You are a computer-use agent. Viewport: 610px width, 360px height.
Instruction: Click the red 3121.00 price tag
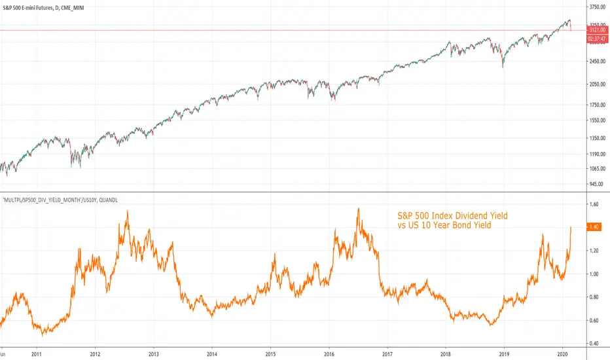coord(597,30)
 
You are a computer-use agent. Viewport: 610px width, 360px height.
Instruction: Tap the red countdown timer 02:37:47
coord(597,39)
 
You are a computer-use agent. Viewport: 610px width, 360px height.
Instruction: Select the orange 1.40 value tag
coord(594,227)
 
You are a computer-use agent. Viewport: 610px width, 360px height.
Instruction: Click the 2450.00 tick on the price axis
coord(598,62)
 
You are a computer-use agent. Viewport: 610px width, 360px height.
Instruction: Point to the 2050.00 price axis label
coord(598,84)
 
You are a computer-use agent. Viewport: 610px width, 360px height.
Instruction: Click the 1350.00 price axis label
coord(598,138)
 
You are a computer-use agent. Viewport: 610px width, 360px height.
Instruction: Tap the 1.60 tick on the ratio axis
coord(594,204)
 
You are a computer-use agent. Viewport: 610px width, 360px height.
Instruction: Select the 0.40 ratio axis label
coord(594,344)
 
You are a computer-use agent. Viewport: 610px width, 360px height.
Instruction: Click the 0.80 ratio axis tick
coord(594,297)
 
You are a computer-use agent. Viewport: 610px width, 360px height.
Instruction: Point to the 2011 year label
coord(37,354)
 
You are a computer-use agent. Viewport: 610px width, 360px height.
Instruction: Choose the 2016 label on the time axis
coord(329,354)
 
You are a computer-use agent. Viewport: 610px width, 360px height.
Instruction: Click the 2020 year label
coord(562,354)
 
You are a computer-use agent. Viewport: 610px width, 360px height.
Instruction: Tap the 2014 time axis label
coord(212,354)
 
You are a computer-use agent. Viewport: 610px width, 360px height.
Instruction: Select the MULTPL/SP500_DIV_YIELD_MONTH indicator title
coord(60,200)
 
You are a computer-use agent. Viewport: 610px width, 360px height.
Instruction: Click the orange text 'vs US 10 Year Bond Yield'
coord(444,225)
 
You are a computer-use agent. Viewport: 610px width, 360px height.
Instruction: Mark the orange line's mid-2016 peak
coord(358,209)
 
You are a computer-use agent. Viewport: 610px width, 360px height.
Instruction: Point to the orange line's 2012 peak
coord(128,211)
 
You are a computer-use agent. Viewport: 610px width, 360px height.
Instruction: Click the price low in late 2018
coord(503,67)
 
